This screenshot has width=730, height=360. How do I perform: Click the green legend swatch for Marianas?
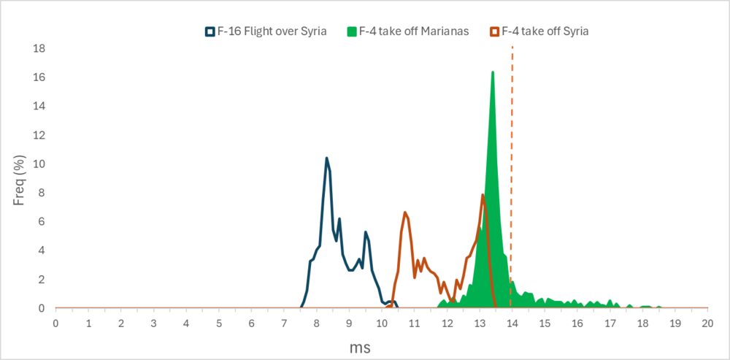pos(350,31)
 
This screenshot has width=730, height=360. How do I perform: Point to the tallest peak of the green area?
pos(493,72)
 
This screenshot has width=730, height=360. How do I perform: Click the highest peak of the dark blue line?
pos(326,158)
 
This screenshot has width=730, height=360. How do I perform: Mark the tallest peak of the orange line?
pos(483,194)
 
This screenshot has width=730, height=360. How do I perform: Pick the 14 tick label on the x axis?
pos(512,322)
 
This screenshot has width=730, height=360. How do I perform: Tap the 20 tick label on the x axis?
pos(707,322)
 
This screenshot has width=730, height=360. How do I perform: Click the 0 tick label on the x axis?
pos(55,322)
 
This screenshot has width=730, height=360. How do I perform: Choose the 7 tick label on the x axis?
pos(284,322)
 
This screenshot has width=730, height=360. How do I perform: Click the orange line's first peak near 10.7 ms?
pos(404,212)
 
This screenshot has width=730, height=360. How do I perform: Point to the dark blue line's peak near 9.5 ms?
pos(366,232)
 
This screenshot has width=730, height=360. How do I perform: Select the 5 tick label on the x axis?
pos(219,322)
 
